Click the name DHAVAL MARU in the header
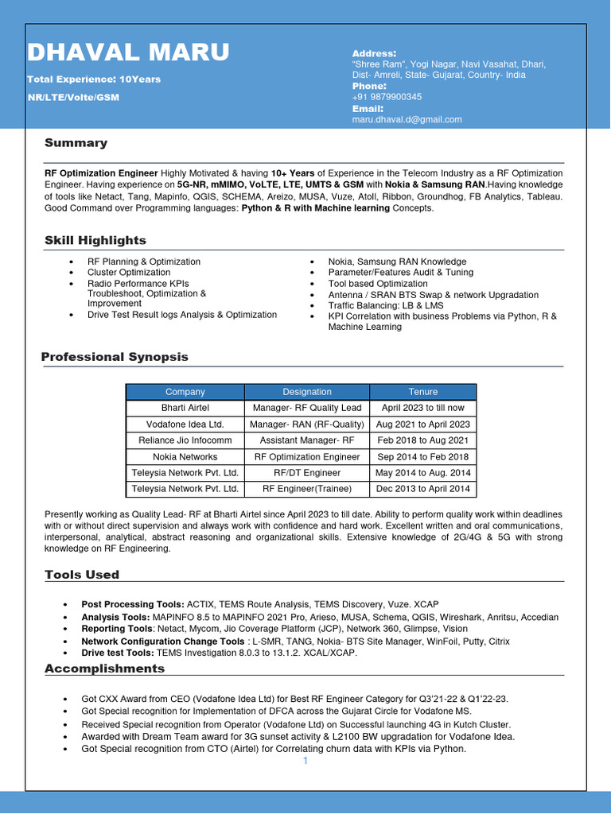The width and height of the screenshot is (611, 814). (x=128, y=52)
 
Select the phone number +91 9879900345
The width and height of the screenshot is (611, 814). (x=387, y=97)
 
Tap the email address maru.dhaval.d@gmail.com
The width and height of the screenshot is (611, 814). (x=407, y=119)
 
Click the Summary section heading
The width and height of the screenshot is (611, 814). (x=76, y=143)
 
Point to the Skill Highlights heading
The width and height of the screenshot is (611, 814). (x=95, y=240)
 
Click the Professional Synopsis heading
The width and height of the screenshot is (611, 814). (x=115, y=357)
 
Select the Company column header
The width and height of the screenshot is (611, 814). (x=185, y=392)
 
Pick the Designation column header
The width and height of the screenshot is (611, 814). (x=307, y=392)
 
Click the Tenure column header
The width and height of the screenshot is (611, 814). (x=423, y=392)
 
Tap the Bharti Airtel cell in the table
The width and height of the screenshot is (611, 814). (x=185, y=408)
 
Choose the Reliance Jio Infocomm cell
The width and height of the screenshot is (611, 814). (x=185, y=440)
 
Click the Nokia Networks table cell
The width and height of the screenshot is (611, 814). (x=185, y=457)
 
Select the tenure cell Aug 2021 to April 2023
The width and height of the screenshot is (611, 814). (x=423, y=424)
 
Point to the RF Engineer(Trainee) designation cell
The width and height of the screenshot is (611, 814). (x=307, y=489)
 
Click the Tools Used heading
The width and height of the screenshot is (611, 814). (x=82, y=575)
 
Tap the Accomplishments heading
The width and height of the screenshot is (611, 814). (x=104, y=669)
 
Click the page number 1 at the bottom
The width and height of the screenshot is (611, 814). (x=305, y=761)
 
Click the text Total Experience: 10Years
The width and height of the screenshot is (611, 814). (x=94, y=79)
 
